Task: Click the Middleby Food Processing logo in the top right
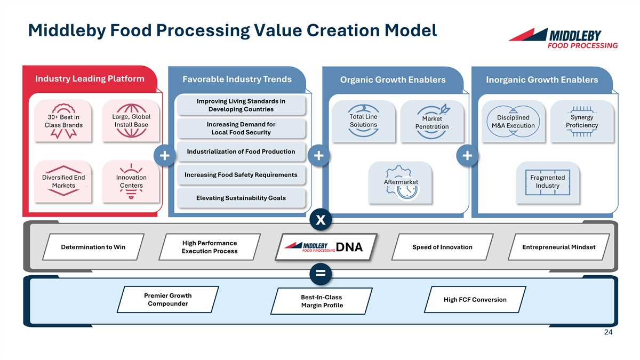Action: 563,38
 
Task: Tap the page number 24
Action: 608,333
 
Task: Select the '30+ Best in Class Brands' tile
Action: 63,121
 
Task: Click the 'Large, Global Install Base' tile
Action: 131,121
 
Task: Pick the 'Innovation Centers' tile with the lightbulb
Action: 131,181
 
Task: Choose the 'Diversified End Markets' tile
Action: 63,181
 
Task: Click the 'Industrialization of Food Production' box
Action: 241,151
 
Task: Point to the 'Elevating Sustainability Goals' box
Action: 241,198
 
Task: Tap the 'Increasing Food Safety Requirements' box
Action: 241,175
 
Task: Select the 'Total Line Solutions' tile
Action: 363,121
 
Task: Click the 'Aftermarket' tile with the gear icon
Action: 401,182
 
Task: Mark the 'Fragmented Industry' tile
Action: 547,182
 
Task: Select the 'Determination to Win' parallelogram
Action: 93,247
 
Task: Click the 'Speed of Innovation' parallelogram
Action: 442,247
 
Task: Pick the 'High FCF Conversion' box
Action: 475,300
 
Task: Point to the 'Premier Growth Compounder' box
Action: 167,300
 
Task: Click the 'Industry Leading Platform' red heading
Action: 90,79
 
